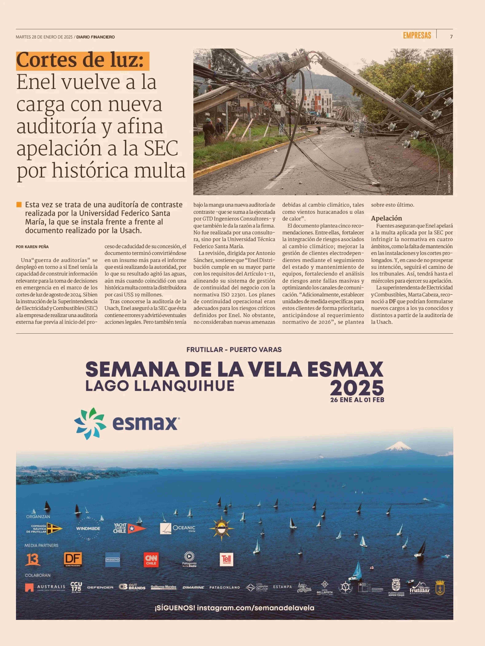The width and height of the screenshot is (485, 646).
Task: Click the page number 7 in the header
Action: (x=451, y=37)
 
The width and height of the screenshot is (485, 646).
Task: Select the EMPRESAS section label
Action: (x=417, y=36)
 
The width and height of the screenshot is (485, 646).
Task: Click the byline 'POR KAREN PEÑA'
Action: (x=32, y=247)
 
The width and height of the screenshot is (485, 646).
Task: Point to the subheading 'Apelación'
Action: (x=386, y=218)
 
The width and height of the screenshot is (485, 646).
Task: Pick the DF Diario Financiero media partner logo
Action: (x=73, y=560)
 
